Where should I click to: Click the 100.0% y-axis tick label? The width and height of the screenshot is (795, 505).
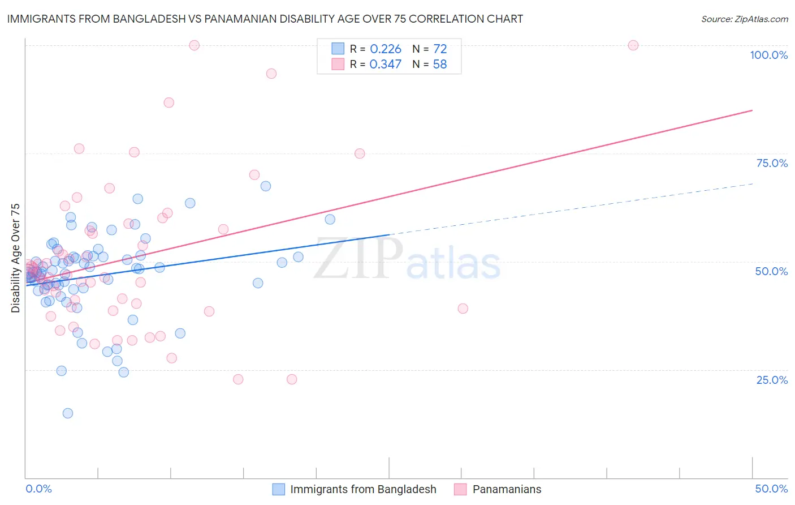click(x=768, y=55)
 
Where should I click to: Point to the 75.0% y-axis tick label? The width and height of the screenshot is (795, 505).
click(x=772, y=163)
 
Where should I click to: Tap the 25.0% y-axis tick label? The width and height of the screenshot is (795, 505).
click(x=772, y=380)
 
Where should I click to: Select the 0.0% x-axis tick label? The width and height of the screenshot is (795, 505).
click(x=38, y=489)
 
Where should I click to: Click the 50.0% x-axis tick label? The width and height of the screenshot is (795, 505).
click(x=771, y=489)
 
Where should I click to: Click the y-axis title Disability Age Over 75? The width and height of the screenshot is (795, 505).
click(x=15, y=258)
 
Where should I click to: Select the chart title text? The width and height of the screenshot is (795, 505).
click(x=265, y=19)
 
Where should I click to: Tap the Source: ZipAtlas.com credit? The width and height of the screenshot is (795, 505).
click(x=744, y=19)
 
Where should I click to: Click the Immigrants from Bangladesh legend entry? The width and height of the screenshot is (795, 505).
click(x=362, y=489)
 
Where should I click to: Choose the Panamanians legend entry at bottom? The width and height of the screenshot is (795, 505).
click(x=506, y=489)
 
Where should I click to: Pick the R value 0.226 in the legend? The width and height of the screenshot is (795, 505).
click(x=385, y=49)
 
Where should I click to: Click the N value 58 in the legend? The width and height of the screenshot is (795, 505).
click(x=439, y=65)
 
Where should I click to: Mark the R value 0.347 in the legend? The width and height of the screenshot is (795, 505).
click(x=385, y=65)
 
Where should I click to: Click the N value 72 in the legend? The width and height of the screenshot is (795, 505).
click(x=439, y=49)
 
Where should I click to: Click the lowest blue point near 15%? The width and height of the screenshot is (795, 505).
click(x=68, y=413)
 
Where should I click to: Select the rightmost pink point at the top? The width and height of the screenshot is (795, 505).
click(x=633, y=45)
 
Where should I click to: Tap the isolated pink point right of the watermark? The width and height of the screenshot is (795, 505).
click(x=463, y=309)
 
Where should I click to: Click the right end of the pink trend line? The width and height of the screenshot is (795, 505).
click(x=752, y=110)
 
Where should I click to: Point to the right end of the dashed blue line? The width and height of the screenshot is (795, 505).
click(x=752, y=183)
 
